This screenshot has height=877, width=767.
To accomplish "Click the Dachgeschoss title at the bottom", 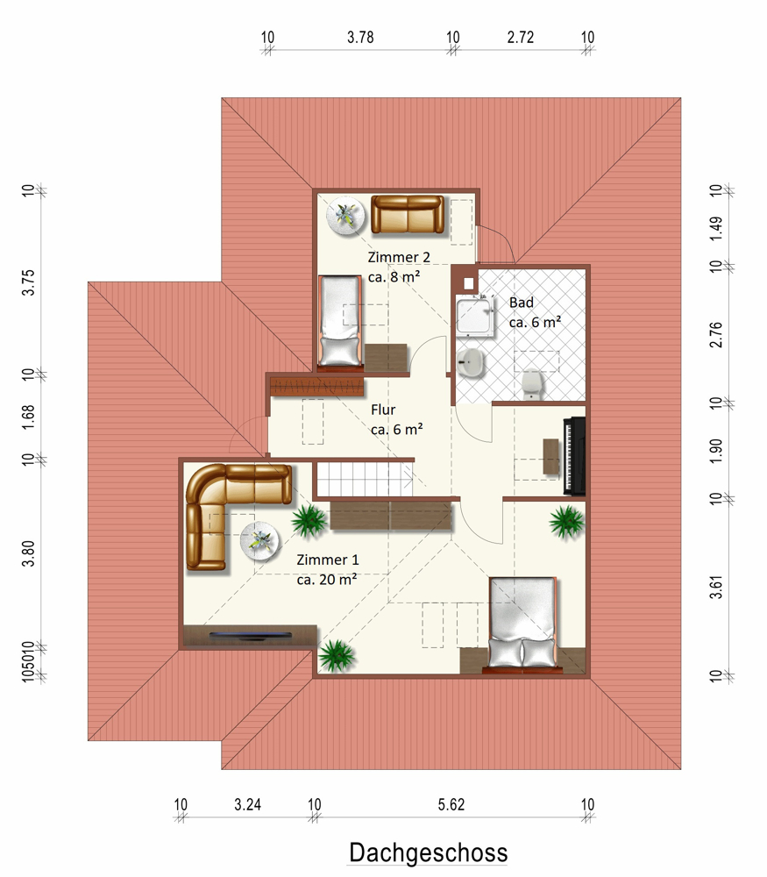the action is click(429, 852).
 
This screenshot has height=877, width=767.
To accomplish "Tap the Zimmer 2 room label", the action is click(399, 257).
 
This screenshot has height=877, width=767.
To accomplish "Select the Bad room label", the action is click(521, 303).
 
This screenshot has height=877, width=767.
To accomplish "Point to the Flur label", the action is click(383, 410).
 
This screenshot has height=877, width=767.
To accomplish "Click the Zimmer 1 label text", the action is click(328, 560).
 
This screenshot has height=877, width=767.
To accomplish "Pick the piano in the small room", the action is click(575, 456).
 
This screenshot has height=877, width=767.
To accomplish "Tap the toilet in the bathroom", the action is click(532, 384).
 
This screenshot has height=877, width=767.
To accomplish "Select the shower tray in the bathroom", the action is click(475, 317).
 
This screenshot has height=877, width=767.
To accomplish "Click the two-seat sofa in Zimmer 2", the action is click(408, 214).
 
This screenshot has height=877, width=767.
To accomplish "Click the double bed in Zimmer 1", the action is click(523, 623).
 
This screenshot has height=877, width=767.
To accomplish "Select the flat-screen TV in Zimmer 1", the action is click(251, 635).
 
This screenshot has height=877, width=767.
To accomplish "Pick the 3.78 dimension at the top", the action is click(360, 38).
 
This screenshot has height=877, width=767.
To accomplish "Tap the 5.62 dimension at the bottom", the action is click(451, 805).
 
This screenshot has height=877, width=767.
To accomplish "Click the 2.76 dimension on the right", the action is click(716, 334).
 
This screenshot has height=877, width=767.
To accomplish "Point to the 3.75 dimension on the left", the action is click(28, 282).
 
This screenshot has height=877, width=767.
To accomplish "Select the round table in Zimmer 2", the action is click(346, 216).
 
